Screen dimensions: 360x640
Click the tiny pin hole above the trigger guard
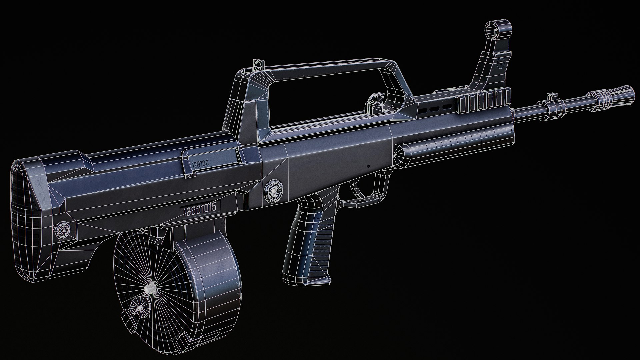368,166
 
